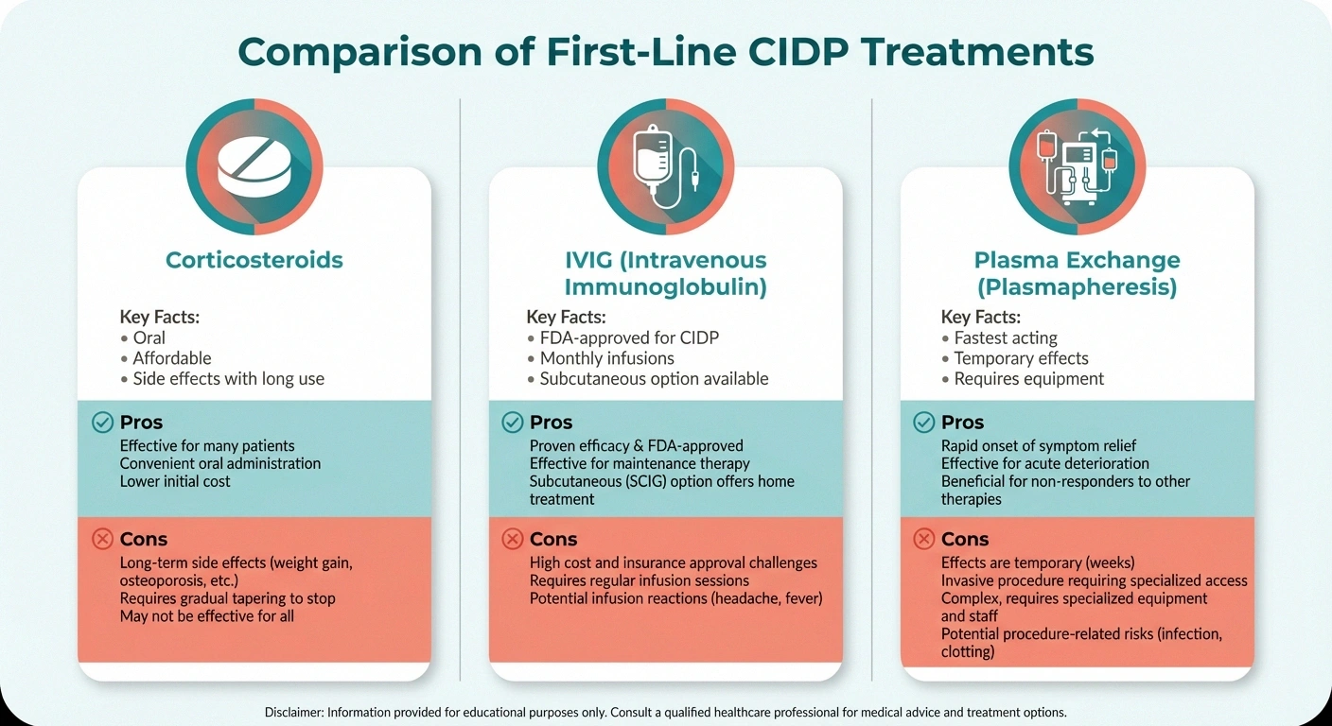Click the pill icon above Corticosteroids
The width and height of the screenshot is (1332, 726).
click(x=254, y=167)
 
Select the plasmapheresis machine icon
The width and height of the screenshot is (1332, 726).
click(x=1077, y=167)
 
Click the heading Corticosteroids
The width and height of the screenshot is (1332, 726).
click(x=254, y=260)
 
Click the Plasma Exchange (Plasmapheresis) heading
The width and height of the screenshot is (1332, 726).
click(x=1077, y=274)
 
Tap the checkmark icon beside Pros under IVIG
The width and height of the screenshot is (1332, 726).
click(x=512, y=423)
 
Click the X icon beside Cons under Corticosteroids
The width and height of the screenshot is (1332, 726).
click(x=102, y=540)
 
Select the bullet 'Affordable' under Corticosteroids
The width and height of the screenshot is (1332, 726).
click(x=171, y=358)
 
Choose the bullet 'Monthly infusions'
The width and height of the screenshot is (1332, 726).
click(x=606, y=358)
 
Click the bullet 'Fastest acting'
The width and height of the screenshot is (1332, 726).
click(x=1005, y=337)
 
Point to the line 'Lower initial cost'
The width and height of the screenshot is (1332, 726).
click(x=175, y=481)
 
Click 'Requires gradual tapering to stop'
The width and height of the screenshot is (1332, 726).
click(x=227, y=598)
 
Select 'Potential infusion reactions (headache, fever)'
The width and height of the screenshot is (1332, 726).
click(x=675, y=598)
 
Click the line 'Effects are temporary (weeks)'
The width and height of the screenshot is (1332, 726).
click(x=1037, y=562)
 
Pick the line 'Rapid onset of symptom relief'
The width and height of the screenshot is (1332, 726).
click(x=1038, y=445)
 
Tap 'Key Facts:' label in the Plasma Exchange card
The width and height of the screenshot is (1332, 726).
click(x=980, y=318)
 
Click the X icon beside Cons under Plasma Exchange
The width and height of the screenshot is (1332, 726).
click(x=923, y=540)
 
